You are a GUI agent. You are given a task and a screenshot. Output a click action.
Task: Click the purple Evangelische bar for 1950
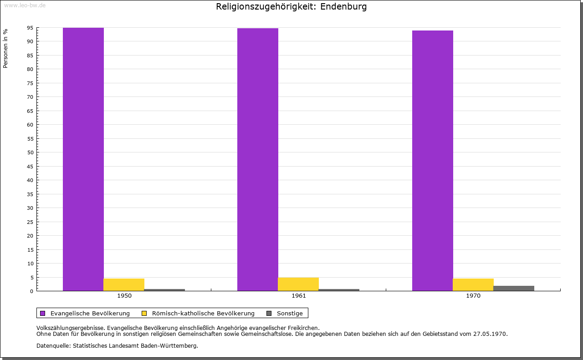83,159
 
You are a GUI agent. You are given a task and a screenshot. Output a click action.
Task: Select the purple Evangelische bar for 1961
258,159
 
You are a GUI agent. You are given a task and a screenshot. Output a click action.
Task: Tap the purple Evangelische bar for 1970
432,161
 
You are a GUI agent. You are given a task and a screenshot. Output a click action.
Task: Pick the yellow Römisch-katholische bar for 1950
124,284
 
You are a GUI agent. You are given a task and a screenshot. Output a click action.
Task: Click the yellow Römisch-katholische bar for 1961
298,284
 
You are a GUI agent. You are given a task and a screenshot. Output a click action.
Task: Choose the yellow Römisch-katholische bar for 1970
473,284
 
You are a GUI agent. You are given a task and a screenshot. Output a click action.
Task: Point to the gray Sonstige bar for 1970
514,288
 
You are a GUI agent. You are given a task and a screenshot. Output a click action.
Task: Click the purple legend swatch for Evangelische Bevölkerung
43,313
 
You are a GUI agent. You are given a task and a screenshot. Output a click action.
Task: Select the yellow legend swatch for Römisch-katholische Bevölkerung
144,313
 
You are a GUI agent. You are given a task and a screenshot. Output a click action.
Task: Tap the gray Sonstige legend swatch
269,313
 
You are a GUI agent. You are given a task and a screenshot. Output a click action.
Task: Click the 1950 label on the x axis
124,296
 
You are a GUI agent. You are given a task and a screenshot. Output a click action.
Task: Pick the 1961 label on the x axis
299,296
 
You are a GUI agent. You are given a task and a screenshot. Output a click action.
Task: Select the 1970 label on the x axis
473,296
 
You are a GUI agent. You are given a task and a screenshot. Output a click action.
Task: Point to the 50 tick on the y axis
31,152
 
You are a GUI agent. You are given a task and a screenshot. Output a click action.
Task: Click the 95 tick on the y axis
31,28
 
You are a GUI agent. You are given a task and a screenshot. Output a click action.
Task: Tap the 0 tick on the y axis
32,291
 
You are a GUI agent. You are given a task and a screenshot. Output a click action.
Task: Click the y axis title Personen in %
5,48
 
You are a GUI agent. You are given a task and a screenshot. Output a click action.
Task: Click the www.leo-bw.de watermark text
25,5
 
